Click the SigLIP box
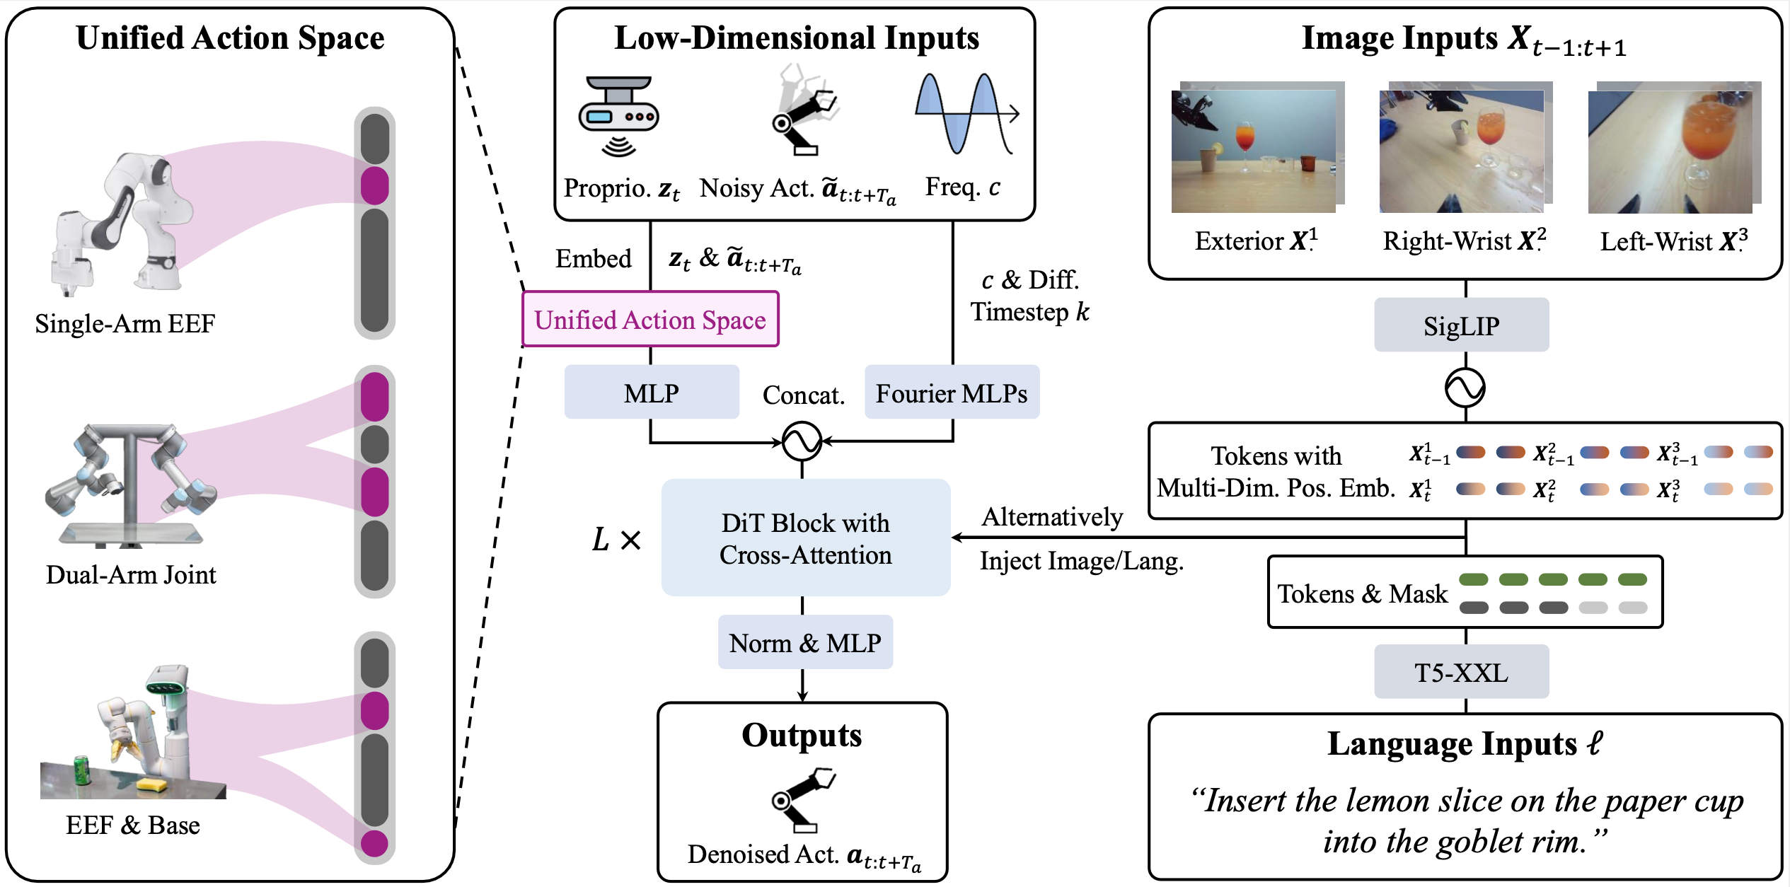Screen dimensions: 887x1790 (x=1461, y=325)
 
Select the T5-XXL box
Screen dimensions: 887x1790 (x=1461, y=672)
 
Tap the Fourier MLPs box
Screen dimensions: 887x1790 (x=952, y=393)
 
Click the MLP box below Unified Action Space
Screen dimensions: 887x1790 (x=651, y=393)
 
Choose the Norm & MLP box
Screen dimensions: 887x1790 (x=805, y=643)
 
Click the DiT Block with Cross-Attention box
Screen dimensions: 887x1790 (x=805, y=538)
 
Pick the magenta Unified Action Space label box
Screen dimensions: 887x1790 (x=650, y=320)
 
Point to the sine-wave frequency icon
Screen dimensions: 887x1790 (x=966, y=113)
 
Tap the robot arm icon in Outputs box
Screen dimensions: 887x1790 (x=803, y=800)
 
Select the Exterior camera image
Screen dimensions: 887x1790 (x=1254, y=150)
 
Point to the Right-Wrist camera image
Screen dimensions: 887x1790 (x=1462, y=150)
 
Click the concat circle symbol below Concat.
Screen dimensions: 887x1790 (x=802, y=441)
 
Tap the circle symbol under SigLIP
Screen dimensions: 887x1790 (x=1465, y=388)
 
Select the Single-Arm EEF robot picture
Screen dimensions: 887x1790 (x=120, y=224)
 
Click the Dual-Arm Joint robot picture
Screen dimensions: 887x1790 (x=131, y=485)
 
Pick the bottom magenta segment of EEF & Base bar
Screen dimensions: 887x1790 (x=374, y=843)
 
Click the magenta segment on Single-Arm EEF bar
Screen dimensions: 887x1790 (x=374, y=185)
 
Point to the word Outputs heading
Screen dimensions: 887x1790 (x=802, y=736)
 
